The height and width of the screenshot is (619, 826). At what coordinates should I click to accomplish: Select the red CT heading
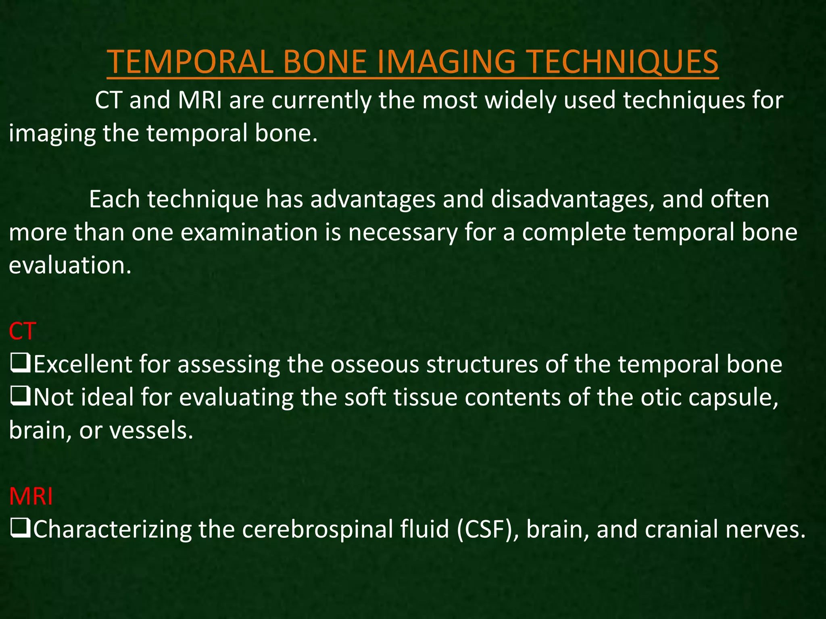[23, 331]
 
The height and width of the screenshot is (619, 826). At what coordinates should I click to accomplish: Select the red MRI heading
[31, 496]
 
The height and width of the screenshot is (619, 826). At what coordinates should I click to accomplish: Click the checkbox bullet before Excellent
[19, 364]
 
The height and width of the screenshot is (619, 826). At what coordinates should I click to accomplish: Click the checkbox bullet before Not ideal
[19, 397]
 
